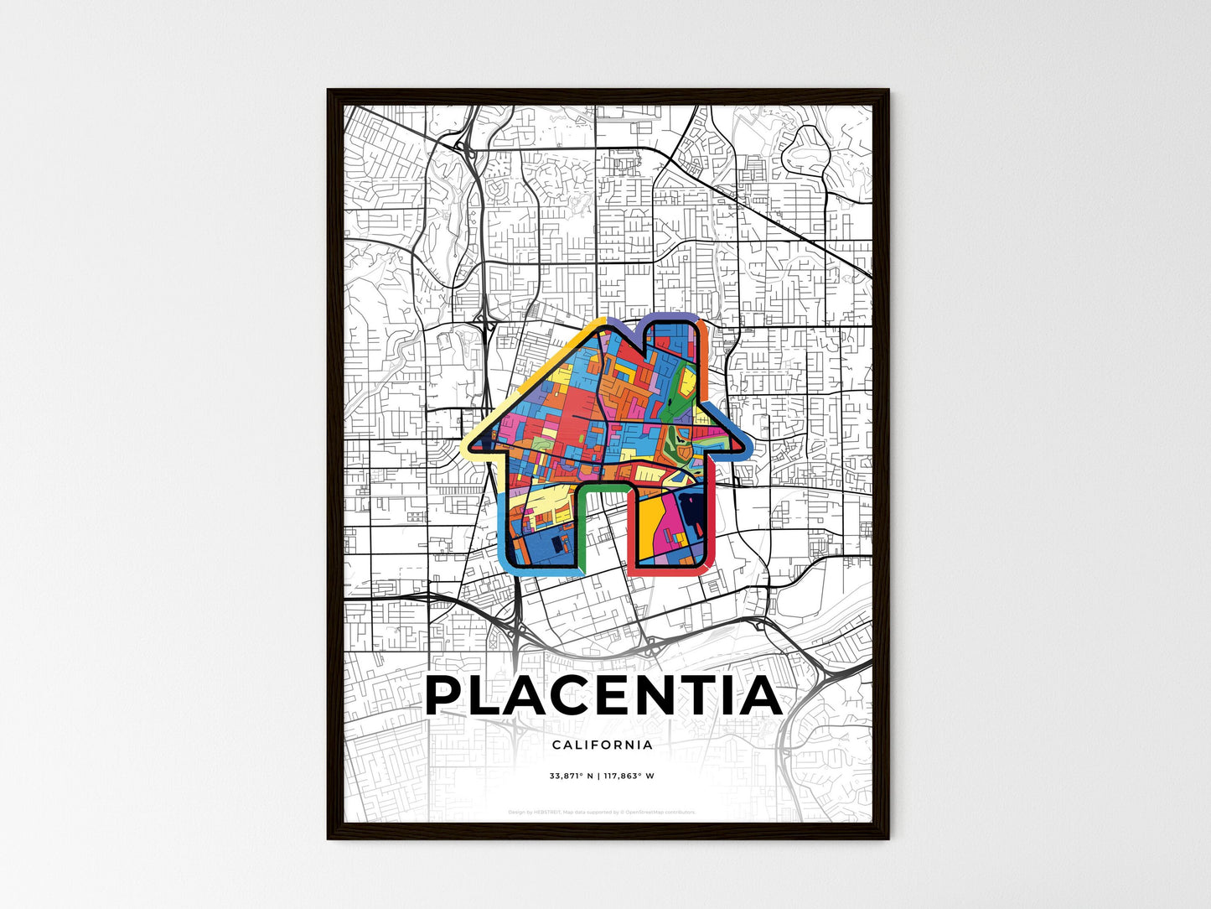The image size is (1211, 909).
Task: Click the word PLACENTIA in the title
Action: (x=603, y=696)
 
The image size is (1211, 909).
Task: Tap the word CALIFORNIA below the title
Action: (x=603, y=745)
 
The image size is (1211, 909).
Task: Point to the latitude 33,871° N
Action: (x=571, y=776)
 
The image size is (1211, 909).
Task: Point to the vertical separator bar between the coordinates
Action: (x=599, y=776)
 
